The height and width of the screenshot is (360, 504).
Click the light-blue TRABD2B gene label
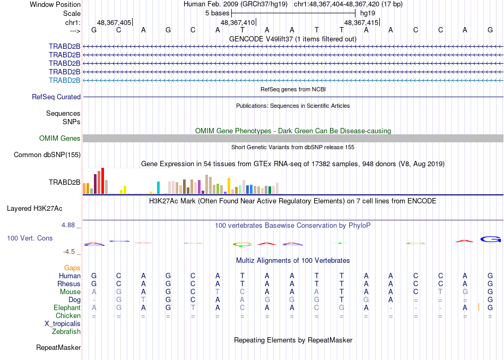point(65,80)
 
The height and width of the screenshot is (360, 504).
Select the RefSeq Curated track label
point(56,97)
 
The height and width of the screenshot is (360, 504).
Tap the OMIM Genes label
point(60,139)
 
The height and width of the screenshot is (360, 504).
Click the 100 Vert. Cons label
point(30,238)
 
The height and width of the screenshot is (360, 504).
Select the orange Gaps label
point(73,268)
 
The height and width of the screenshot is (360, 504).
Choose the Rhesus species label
point(69,284)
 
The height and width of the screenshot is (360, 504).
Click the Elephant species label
point(67,308)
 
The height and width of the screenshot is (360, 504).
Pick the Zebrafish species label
point(66,332)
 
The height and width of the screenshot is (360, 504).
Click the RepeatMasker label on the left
point(58,348)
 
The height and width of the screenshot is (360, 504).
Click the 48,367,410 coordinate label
point(238,23)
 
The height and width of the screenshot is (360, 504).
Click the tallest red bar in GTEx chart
point(102,181)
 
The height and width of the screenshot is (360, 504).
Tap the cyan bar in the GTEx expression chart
point(158,188)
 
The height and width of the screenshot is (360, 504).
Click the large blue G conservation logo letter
point(491,239)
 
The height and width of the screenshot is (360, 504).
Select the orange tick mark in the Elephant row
point(479,307)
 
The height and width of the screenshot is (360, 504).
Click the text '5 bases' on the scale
point(217,13)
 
